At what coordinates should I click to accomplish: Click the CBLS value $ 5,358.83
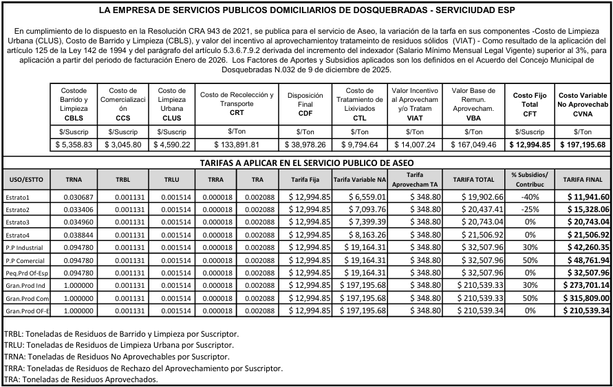[x=74, y=145]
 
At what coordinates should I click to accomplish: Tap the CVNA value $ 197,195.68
[x=582, y=145]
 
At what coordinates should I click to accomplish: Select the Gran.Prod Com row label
[x=26, y=299]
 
